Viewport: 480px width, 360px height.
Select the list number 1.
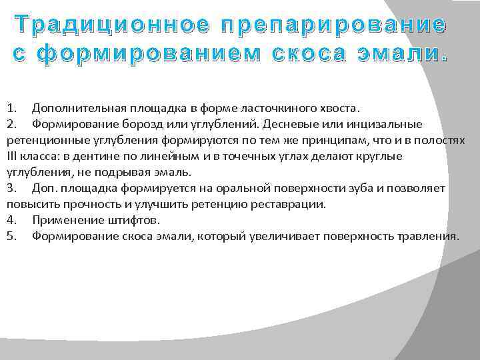(11, 108)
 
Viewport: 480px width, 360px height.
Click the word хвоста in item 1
(340, 108)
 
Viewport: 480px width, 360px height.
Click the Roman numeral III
(13, 156)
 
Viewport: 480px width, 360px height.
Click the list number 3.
(11, 188)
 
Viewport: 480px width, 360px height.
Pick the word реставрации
(289, 204)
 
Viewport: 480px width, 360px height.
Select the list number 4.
(11, 220)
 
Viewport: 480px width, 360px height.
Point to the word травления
(430, 236)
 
